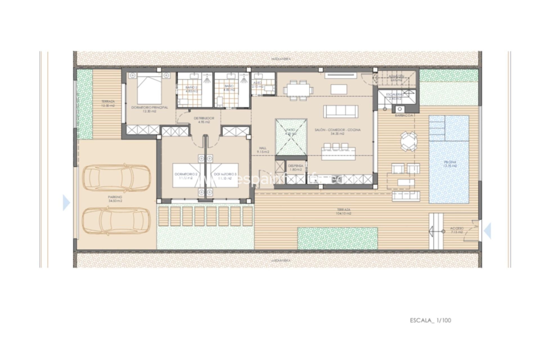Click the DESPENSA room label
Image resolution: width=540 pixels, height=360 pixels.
pyautogui.click(x=296, y=168)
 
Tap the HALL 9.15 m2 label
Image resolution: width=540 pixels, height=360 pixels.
pyautogui.click(x=263, y=150)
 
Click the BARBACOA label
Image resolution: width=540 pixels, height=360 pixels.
pyautogui.click(x=404, y=115)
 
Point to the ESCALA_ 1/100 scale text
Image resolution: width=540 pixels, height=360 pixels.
pyautogui.click(x=430, y=320)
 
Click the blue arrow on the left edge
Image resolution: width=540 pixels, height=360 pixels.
pyautogui.click(x=66, y=203)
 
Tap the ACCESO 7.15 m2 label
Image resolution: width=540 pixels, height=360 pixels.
pyautogui.click(x=457, y=230)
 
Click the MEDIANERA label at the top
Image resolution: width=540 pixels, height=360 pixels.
pyautogui.click(x=277, y=59)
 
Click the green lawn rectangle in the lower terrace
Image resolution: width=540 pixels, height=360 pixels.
pyautogui.click(x=337, y=238)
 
